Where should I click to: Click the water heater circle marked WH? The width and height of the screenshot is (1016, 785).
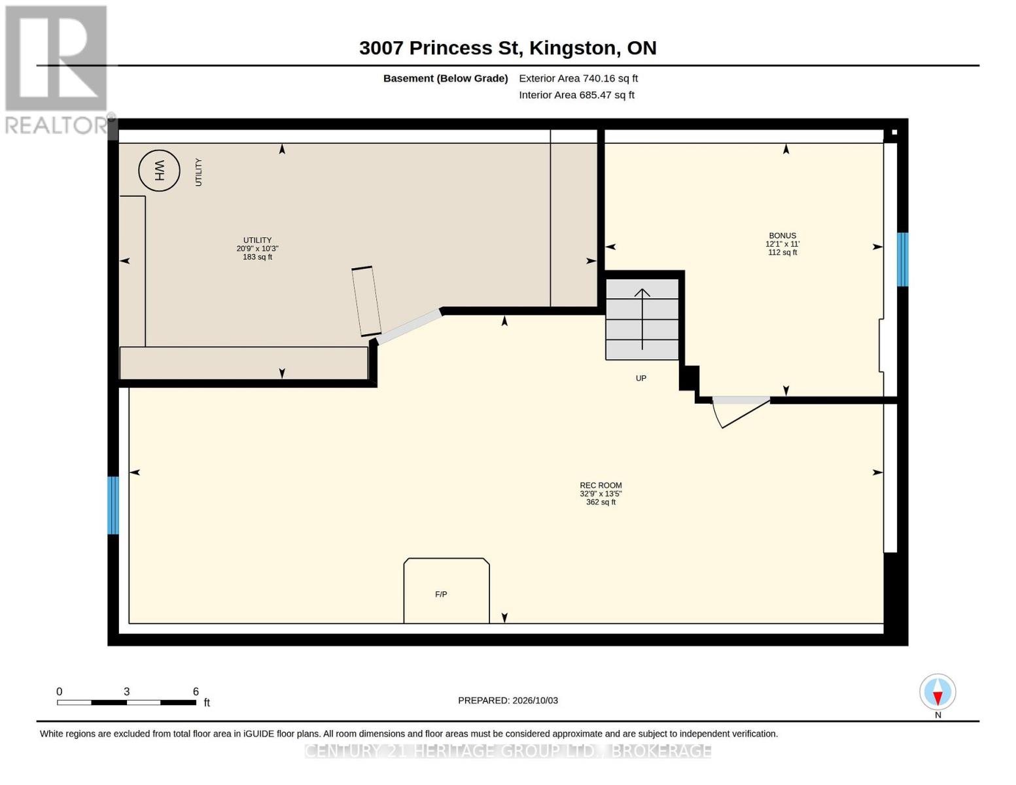(159, 171)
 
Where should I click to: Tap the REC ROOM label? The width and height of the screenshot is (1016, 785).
(601, 485)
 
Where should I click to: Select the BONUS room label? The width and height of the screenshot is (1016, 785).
(782, 235)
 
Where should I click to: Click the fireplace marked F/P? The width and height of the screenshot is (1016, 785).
(447, 591)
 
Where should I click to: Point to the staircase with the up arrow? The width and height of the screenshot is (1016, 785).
(642, 319)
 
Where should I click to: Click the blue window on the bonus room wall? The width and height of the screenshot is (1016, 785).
(902, 260)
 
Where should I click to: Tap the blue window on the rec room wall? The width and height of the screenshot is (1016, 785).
(113, 505)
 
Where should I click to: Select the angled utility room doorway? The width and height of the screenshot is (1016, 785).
(409, 325)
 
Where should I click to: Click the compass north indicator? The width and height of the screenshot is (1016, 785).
(937, 692)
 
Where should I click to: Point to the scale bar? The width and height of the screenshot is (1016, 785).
(127, 702)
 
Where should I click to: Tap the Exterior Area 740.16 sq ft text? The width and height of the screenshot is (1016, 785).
(578, 78)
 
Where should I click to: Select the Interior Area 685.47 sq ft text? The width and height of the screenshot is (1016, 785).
(576, 95)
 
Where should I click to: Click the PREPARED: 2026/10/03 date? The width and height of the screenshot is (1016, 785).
(508, 701)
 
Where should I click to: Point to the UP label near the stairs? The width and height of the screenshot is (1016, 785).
(641, 378)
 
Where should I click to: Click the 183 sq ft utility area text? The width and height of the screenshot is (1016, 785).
(257, 257)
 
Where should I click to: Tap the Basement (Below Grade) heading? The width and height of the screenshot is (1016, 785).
(446, 78)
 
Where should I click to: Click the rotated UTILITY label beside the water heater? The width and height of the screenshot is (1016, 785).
(199, 172)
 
